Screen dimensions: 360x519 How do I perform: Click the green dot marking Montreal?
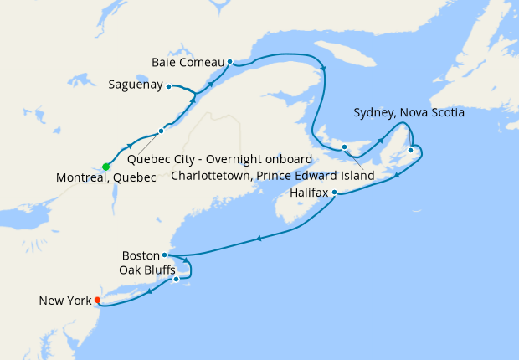pyautogui.click(x=105, y=167)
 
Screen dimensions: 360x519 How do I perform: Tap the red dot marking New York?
pyautogui.click(x=97, y=300)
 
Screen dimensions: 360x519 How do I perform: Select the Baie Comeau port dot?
pyautogui.click(x=229, y=61)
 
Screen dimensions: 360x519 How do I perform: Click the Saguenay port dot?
pyautogui.click(x=168, y=85)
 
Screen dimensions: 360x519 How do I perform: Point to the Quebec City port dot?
pyautogui.click(x=161, y=131)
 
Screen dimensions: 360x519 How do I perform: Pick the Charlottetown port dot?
pyautogui.click(x=344, y=147)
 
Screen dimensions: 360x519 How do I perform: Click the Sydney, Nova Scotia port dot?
pyautogui.click(x=410, y=151)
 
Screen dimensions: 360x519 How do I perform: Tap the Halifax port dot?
pyautogui.click(x=335, y=193)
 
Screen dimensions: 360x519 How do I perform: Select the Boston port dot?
pyautogui.click(x=165, y=255)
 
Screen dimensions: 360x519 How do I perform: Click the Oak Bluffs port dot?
pyautogui.click(x=177, y=279)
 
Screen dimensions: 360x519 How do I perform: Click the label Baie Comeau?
pyautogui.click(x=188, y=63)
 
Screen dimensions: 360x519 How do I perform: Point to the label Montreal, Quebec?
pyautogui.click(x=106, y=178)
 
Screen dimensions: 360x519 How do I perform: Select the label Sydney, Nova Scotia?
pyautogui.click(x=409, y=112)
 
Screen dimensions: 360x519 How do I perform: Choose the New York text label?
pyautogui.click(x=64, y=300)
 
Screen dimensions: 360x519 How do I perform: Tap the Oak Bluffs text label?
pyautogui.click(x=147, y=270)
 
